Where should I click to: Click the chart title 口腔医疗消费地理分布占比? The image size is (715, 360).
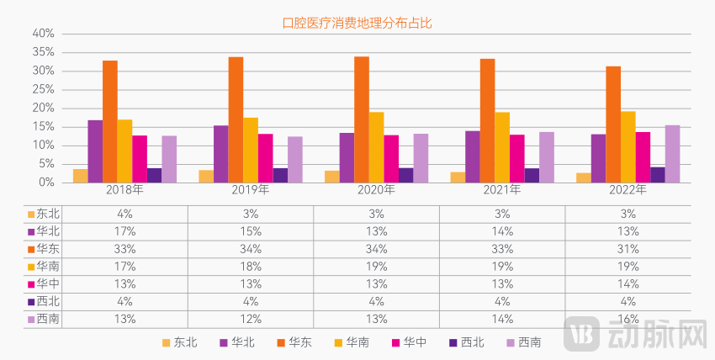pyautogui.click(x=357, y=24)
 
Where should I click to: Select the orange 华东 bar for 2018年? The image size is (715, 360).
pyautogui.click(x=110, y=122)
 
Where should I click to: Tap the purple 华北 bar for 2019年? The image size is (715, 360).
pyautogui.click(x=220, y=154)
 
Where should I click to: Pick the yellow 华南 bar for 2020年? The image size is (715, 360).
pyautogui.click(x=376, y=147)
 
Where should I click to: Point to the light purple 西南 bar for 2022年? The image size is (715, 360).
pyautogui.click(x=672, y=154)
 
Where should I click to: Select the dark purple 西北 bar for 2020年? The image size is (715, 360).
pyautogui.click(x=405, y=175)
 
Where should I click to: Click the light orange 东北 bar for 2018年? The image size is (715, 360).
pyautogui.click(x=80, y=176)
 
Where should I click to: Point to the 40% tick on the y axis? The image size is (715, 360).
pyautogui.click(x=43, y=34)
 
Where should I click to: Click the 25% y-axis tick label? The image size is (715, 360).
pyautogui.click(x=43, y=89)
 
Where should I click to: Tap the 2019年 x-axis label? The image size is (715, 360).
pyautogui.click(x=251, y=191)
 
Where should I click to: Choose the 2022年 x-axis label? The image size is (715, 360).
pyautogui.click(x=628, y=191)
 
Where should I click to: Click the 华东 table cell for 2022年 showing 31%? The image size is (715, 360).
pyautogui.click(x=628, y=249)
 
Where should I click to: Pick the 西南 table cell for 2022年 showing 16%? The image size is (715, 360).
pyautogui.click(x=628, y=319)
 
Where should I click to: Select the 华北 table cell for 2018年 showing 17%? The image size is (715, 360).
pyautogui.click(x=125, y=231)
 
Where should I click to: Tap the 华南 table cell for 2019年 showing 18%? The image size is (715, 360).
pyautogui.click(x=251, y=267)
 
